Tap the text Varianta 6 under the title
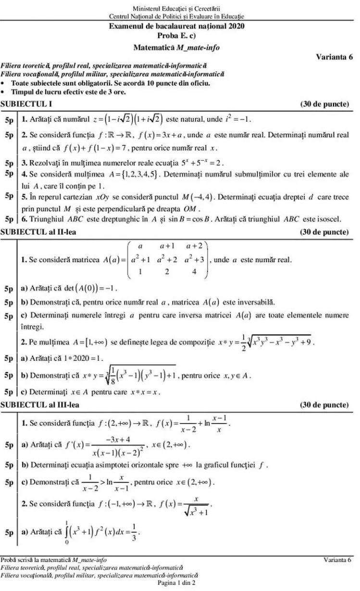pos(334,56)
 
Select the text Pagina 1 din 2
pos(176,582)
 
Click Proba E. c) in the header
pos(176,36)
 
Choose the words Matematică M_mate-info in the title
pos(176,47)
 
